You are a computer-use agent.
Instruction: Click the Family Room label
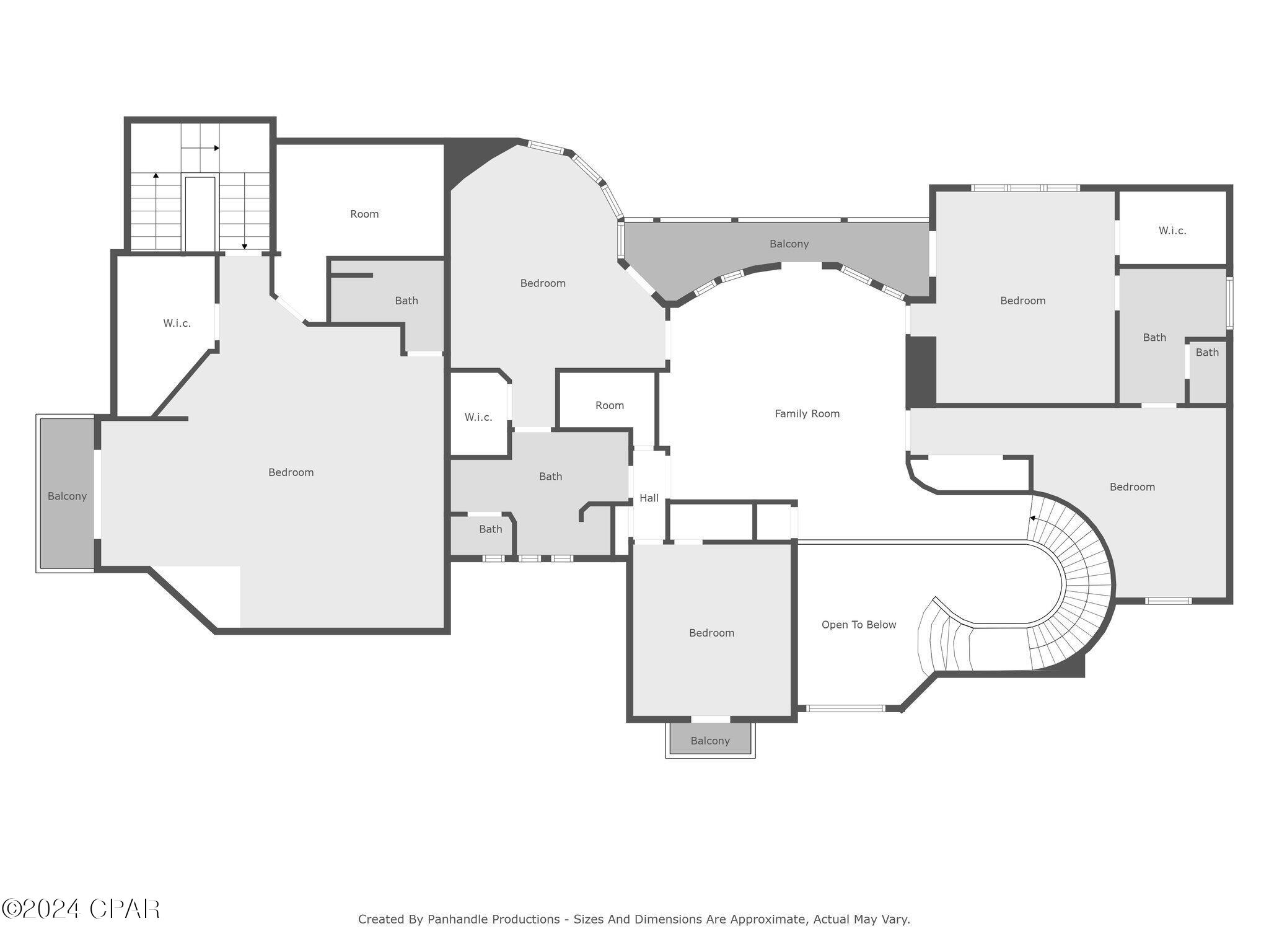807,413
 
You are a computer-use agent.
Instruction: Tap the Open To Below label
858,625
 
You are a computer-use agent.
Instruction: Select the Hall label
649,498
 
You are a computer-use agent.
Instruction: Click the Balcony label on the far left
67,496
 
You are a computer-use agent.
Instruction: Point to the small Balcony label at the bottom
710,741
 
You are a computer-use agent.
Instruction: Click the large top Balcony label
789,244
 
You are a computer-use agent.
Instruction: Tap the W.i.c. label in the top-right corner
1172,231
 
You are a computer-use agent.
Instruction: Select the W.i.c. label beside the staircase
177,323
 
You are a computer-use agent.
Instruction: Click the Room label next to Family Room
609,405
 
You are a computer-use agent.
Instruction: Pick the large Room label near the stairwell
364,214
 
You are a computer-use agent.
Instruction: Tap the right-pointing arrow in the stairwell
216,148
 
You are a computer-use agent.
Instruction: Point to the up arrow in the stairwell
156,176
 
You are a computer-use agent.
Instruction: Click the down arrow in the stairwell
245,246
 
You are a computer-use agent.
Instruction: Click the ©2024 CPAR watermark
81,909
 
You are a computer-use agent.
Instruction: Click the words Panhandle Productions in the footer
493,919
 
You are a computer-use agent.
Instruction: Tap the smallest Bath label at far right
1206,352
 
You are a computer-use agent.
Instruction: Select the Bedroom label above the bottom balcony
711,633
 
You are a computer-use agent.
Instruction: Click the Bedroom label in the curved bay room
542,283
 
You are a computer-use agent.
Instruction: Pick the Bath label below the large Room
406,301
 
